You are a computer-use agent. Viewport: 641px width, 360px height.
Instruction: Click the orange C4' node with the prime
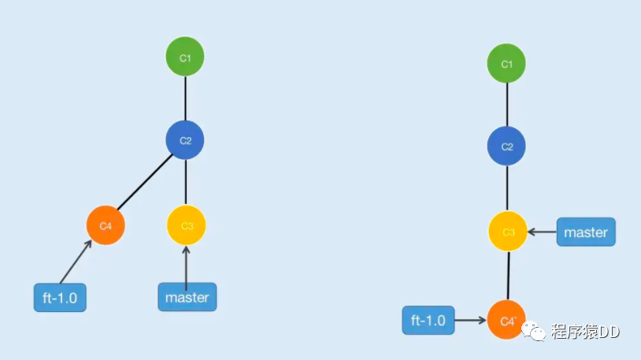(507, 321)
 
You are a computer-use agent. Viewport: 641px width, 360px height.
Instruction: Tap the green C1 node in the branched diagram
(185, 57)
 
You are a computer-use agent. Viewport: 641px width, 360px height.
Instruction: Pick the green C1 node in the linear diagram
(507, 64)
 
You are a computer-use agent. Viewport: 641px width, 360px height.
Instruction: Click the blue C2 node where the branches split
(185, 141)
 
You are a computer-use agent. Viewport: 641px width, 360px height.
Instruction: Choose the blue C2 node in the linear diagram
(507, 147)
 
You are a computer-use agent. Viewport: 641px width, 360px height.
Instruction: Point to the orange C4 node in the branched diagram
(106, 226)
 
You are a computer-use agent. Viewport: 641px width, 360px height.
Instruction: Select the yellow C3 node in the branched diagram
(187, 226)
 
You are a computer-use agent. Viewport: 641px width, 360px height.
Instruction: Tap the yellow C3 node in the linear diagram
(508, 232)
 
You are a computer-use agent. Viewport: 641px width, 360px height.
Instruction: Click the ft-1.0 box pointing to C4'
(428, 321)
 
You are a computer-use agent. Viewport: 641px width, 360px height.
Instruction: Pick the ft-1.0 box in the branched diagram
(60, 298)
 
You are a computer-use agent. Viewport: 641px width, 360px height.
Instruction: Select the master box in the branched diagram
(187, 298)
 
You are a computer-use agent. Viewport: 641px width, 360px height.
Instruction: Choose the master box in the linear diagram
(586, 232)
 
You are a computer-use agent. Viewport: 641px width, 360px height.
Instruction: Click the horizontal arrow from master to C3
(543, 232)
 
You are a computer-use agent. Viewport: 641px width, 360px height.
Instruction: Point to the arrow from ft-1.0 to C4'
(470, 321)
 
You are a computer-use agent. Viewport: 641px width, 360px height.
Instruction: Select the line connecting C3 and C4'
(508, 276)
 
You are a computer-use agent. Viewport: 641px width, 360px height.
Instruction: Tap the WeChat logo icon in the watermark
(536, 332)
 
